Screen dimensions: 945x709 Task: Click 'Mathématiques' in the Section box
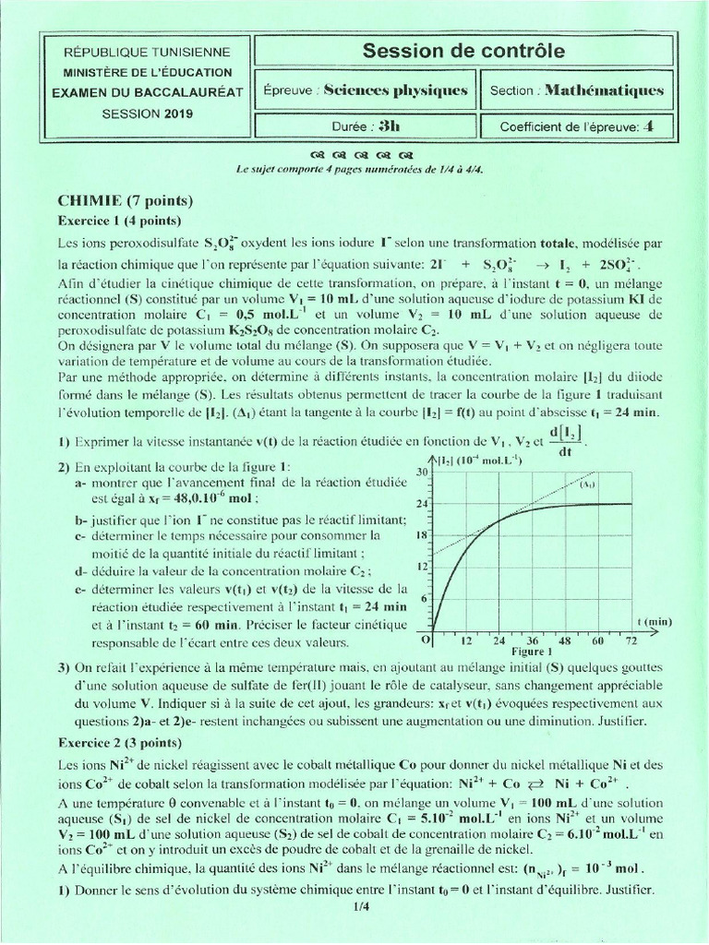click(x=604, y=90)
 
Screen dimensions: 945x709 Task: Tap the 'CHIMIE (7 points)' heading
click(x=125, y=200)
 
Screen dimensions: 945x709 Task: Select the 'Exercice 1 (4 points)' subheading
click(x=119, y=221)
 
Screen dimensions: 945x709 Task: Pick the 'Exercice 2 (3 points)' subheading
click(x=120, y=741)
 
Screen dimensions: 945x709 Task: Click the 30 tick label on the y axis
click(x=425, y=472)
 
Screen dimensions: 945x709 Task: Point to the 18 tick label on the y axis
click(x=425, y=535)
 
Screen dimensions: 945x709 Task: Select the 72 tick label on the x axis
click(x=631, y=639)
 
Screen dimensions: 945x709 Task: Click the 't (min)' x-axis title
click(x=655, y=622)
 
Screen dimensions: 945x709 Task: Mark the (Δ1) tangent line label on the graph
click(x=586, y=483)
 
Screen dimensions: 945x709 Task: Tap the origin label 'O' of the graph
click(x=426, y=639)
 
